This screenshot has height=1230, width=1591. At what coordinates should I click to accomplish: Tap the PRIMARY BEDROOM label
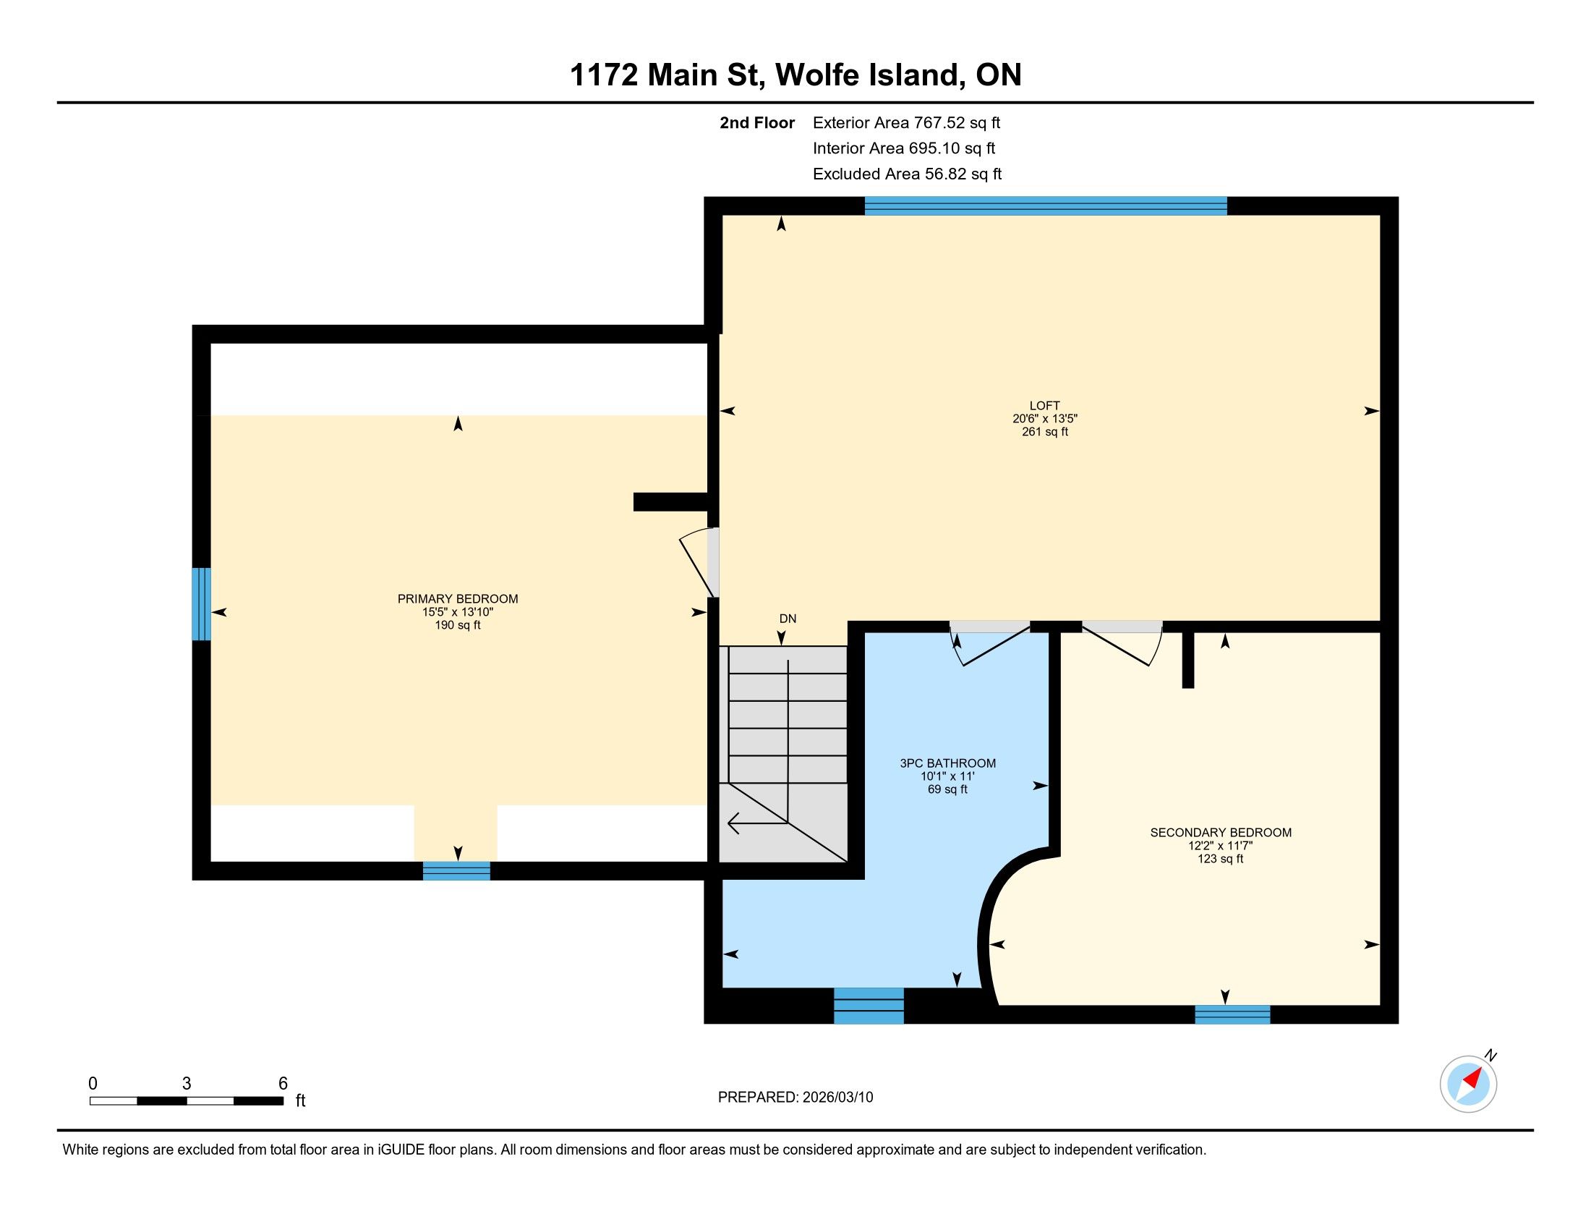coord(458,599)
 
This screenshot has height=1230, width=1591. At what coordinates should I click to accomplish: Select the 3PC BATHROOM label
coord(947,763)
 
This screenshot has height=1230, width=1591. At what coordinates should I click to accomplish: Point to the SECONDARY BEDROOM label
coord(1220,832)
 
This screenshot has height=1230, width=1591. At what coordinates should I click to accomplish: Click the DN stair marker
coord(788,619)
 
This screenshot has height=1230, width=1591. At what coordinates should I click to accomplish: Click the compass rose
coord(1469,1083)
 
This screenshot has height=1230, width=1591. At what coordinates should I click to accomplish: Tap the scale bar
coord(187,1100)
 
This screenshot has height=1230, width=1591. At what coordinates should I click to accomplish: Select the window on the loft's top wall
coord(1046,206)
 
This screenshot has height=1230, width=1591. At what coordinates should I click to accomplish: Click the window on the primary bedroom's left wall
coord(202,604)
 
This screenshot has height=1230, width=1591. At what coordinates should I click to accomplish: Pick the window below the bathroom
coord(869,1006)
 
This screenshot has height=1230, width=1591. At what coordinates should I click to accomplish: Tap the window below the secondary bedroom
coord(1232,1014)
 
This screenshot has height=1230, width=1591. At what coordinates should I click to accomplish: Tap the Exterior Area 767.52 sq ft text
coord(906,122)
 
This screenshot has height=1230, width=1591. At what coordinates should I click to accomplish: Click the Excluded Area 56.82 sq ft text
coord(907,174)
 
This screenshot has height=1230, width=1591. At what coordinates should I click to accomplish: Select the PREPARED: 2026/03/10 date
coord(795,1098)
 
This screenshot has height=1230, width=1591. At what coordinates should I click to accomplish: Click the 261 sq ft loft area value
coord(1045,431)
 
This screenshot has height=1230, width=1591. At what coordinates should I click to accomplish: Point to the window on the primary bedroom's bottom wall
coord(457,870)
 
